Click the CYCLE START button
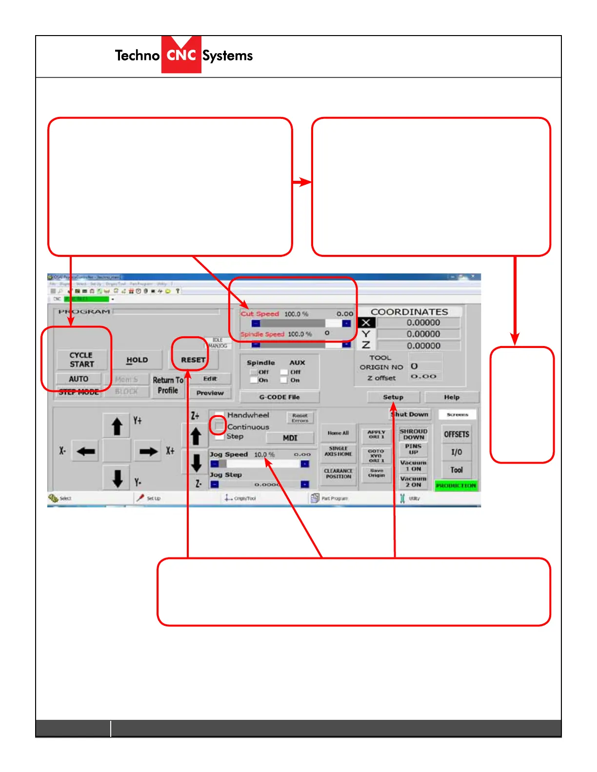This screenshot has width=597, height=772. (x=81, y=360)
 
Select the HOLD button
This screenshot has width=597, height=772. (x=137, y=360)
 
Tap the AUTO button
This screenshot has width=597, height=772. (x=79, y=379)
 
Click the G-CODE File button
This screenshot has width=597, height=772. (x=279, y=397)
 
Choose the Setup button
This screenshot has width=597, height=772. (x=393, y=397)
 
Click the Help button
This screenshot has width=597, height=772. (x=452, y=397)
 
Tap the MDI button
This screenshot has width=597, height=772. (x=290, y=438)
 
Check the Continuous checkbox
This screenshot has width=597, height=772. (x=219, y=426)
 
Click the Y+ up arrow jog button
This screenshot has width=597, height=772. (x=117, y=426)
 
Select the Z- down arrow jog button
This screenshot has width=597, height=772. (x=196, y=463)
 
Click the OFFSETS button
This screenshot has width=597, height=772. (x=457, y=434)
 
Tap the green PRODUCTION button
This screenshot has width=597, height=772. (x=456, y=485)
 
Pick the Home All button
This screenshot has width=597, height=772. (x=338, y=433)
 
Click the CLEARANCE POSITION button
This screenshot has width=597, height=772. (x=338, y=474)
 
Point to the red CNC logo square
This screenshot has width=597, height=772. (x=181, y=55)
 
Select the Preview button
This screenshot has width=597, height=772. (x=210, y=393)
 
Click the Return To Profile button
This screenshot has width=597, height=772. (x=168, y=385)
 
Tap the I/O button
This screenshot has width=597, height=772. (x=457, y=452)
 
